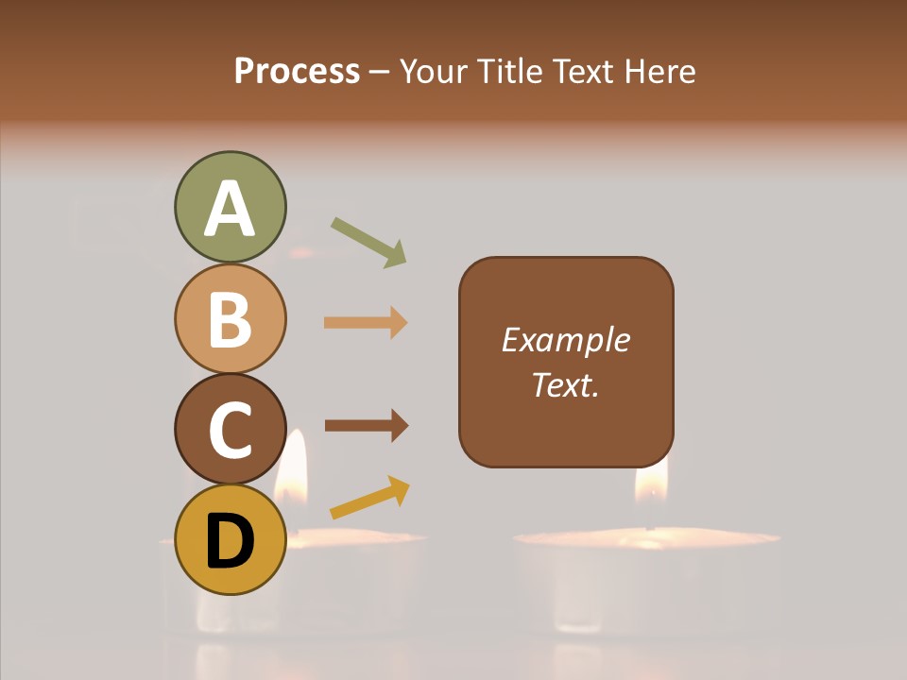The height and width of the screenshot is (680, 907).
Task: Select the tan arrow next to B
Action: pyautogui.click(x=366, y=323)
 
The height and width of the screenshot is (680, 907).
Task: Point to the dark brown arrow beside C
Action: pyautogui.click(x=366, y=425)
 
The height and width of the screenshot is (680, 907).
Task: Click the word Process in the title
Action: pyautogui.click(x=297, y=72)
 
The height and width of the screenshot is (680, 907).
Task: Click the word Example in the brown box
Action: pyautogui.click(x=565, y=340)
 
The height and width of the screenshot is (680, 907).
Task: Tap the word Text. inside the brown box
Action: pyautogui.click(x=565, y=385)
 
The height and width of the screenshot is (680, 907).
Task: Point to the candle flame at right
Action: pyautogui.click(x=651, y=477)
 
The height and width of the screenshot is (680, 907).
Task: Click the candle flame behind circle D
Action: pyautogui.click(x=291, y=467)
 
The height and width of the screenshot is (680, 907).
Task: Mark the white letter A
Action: pyautogui.click(x=230, y=210)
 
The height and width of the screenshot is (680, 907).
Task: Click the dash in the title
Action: pyautogui.click(x=380, y=73)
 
